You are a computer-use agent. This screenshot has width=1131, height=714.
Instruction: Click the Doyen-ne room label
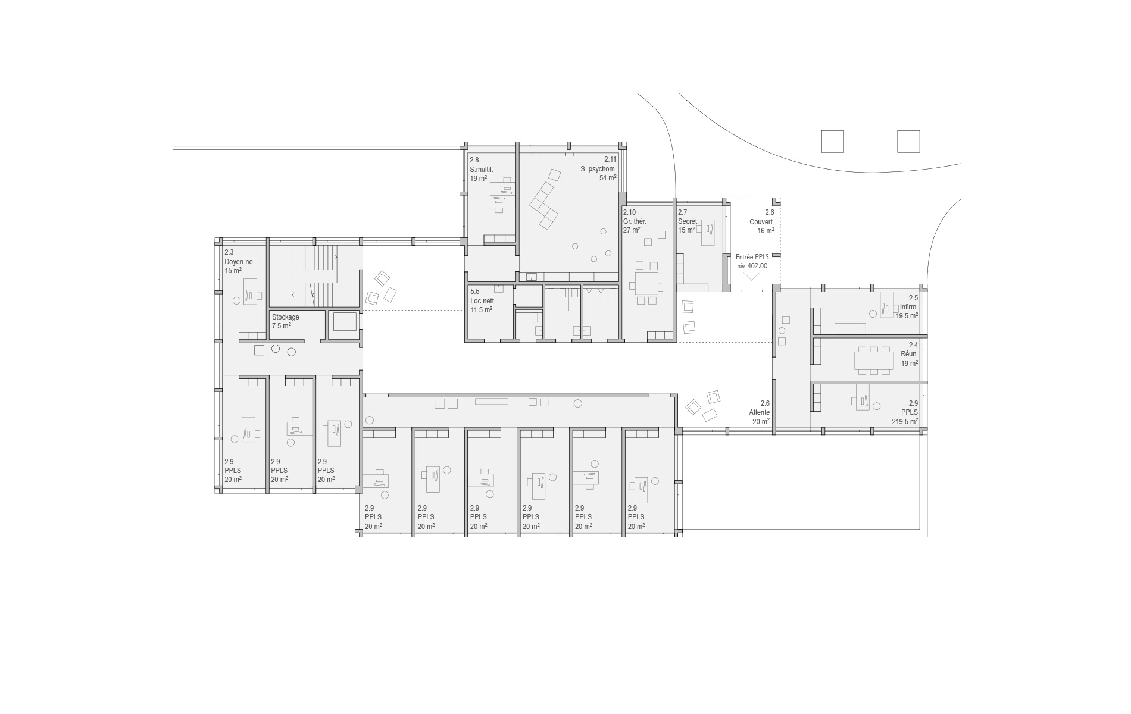(x=238, y=261)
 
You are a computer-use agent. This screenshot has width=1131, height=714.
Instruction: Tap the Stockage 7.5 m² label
(x=286, y=321)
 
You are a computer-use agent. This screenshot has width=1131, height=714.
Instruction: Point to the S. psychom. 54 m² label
(x=598, y=168)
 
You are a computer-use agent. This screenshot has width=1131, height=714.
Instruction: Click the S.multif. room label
(x=482, y=169)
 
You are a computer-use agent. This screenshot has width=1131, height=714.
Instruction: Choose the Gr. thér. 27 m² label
(x=635, y=221)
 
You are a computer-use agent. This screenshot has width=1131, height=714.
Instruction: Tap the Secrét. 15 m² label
(x=688, y=221)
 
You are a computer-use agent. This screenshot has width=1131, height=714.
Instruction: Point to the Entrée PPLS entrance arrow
(x=752, y=275)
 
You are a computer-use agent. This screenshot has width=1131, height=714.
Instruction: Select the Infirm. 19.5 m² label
(x=907, y=307)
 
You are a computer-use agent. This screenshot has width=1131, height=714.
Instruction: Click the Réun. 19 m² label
(x=909, y=354)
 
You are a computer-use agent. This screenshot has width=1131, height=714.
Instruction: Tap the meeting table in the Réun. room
(x=874, y=360)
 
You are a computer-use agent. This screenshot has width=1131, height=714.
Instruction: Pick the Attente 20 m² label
(x=759, y=412)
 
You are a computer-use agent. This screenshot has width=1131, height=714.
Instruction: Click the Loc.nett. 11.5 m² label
(x=482, y=300)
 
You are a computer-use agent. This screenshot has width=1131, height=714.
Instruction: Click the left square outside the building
(x=832, y=142)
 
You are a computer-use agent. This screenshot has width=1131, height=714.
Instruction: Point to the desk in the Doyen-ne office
(x=251, y=291)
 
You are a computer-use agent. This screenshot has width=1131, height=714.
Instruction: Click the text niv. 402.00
(x=752, y=266)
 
